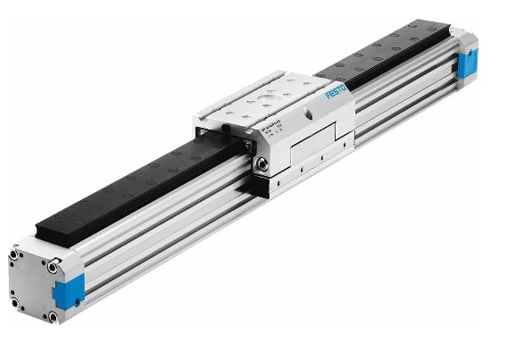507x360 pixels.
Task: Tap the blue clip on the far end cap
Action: pyautogui.click(x=468, y=64)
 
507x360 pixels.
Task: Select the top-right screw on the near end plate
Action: pyautogui.click(x=55, y=266)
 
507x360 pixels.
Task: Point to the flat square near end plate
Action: pyautogui.click(x=36, y=284)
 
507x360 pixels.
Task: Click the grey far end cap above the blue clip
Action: pyautogui.click(x=466, y=43)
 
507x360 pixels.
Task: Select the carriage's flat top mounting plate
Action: pyautogui.click(x=268, y=105)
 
